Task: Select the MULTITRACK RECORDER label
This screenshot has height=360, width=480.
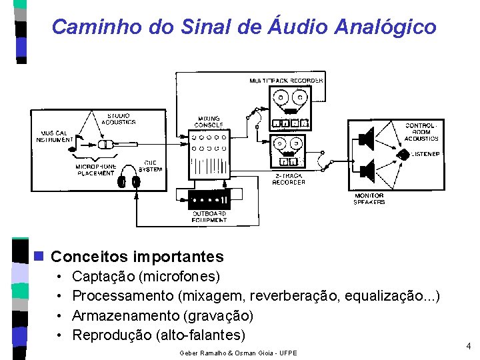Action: (286, 81)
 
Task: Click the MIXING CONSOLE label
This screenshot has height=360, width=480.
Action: (208, 122)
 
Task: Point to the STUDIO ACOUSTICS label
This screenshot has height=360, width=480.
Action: (120, 119)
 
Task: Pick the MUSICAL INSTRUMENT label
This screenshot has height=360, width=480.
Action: (55, 136)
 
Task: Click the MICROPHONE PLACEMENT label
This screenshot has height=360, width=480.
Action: (95, 170)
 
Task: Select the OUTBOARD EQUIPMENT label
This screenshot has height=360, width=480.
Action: (209, 217)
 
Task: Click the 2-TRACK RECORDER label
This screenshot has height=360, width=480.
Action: (289, 179)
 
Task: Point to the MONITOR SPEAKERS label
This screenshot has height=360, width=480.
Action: (369, 199)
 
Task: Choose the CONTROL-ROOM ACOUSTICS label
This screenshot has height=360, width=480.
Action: (421, 132)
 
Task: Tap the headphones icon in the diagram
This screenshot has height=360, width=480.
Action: (129, 181)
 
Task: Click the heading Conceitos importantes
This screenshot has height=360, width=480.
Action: (137, 257)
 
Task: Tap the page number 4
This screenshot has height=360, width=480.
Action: (468, 346)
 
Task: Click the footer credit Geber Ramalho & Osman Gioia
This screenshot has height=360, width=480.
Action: (239, 353)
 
